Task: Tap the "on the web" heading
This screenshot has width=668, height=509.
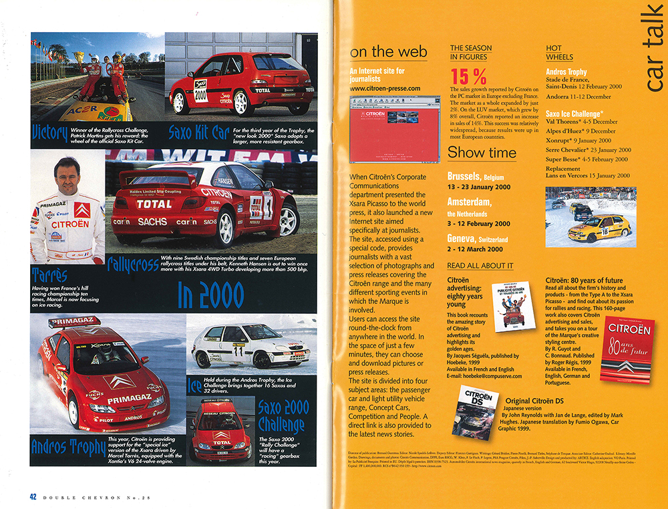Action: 389,52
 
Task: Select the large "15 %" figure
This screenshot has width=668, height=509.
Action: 468,77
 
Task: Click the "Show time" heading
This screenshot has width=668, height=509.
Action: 481,152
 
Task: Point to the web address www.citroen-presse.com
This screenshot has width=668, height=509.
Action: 385,88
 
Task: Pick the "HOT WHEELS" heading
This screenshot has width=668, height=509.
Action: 559,53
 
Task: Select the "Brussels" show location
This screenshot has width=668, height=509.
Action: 465,177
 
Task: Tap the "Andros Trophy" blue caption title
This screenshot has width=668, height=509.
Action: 67,446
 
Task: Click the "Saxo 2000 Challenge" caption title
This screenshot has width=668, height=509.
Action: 281,415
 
